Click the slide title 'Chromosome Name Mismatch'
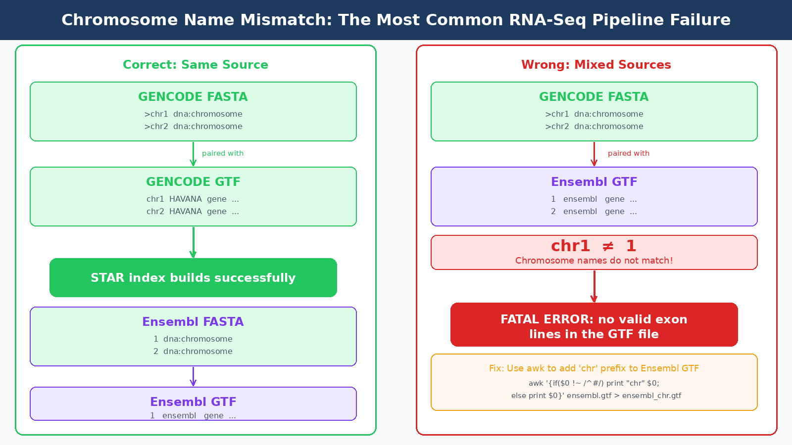[396, 20]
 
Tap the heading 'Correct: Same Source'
[196, 65]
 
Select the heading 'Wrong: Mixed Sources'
[596, 65]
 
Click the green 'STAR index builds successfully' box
[193, 278]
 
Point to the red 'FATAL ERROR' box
[594, 325]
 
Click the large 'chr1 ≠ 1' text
[594, 246]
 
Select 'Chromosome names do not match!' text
[594, 261]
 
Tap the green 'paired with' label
[223, 153]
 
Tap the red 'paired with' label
[629, 153]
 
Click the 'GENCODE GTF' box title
[193, 182]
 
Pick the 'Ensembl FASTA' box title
[193, 322]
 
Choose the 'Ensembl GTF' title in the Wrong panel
[594, 182]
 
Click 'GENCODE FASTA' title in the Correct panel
[193, 97]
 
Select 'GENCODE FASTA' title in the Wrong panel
[594, 97]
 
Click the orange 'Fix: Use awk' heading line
[594, 368]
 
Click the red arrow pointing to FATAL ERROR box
[594, 287]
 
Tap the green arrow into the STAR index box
[193, 243]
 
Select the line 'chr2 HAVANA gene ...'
[193, 212]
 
